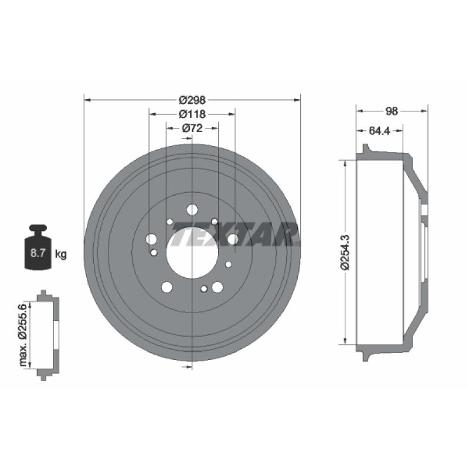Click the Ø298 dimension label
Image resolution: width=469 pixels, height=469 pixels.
coord(192,100)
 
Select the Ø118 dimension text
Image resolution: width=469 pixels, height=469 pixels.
coord(192,114)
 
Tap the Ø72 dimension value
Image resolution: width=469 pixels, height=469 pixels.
coord(192,128)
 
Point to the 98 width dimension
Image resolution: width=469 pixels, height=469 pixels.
coord(392,111)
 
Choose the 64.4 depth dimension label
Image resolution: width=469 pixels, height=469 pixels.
coord(379,131)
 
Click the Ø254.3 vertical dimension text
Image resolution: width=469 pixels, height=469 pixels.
coord(345,253)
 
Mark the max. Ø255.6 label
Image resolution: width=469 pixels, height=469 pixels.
coord(23,335)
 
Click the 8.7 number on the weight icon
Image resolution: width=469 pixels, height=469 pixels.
coord(38,253)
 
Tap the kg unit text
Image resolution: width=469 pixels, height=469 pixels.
coord(61,254)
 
